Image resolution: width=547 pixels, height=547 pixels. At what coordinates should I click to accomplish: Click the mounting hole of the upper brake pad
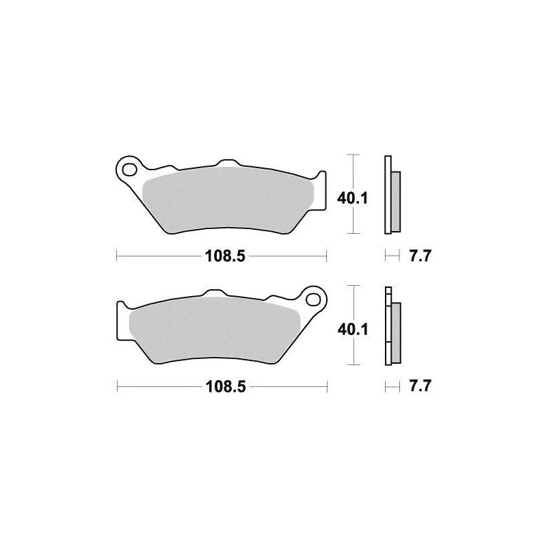click(129, 170)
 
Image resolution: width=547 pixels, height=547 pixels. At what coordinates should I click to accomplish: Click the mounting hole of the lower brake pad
click(313, 299)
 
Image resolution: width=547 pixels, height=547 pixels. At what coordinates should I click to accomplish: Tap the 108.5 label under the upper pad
click(226, 256)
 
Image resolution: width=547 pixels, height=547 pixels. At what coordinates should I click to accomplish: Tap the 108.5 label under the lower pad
click(226, 386)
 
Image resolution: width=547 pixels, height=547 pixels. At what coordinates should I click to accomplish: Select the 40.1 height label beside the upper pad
click(352, 198)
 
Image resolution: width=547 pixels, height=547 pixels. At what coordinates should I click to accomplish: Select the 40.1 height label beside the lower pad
click(353, 330)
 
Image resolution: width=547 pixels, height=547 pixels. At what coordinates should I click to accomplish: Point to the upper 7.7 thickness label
click(420, 256)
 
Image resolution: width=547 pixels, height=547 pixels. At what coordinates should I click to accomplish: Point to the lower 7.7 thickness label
click(420, 386)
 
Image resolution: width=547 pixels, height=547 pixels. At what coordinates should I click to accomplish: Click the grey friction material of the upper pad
click(228, 200)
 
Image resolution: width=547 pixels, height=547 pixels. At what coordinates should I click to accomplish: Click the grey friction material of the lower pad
click(215, 330)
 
